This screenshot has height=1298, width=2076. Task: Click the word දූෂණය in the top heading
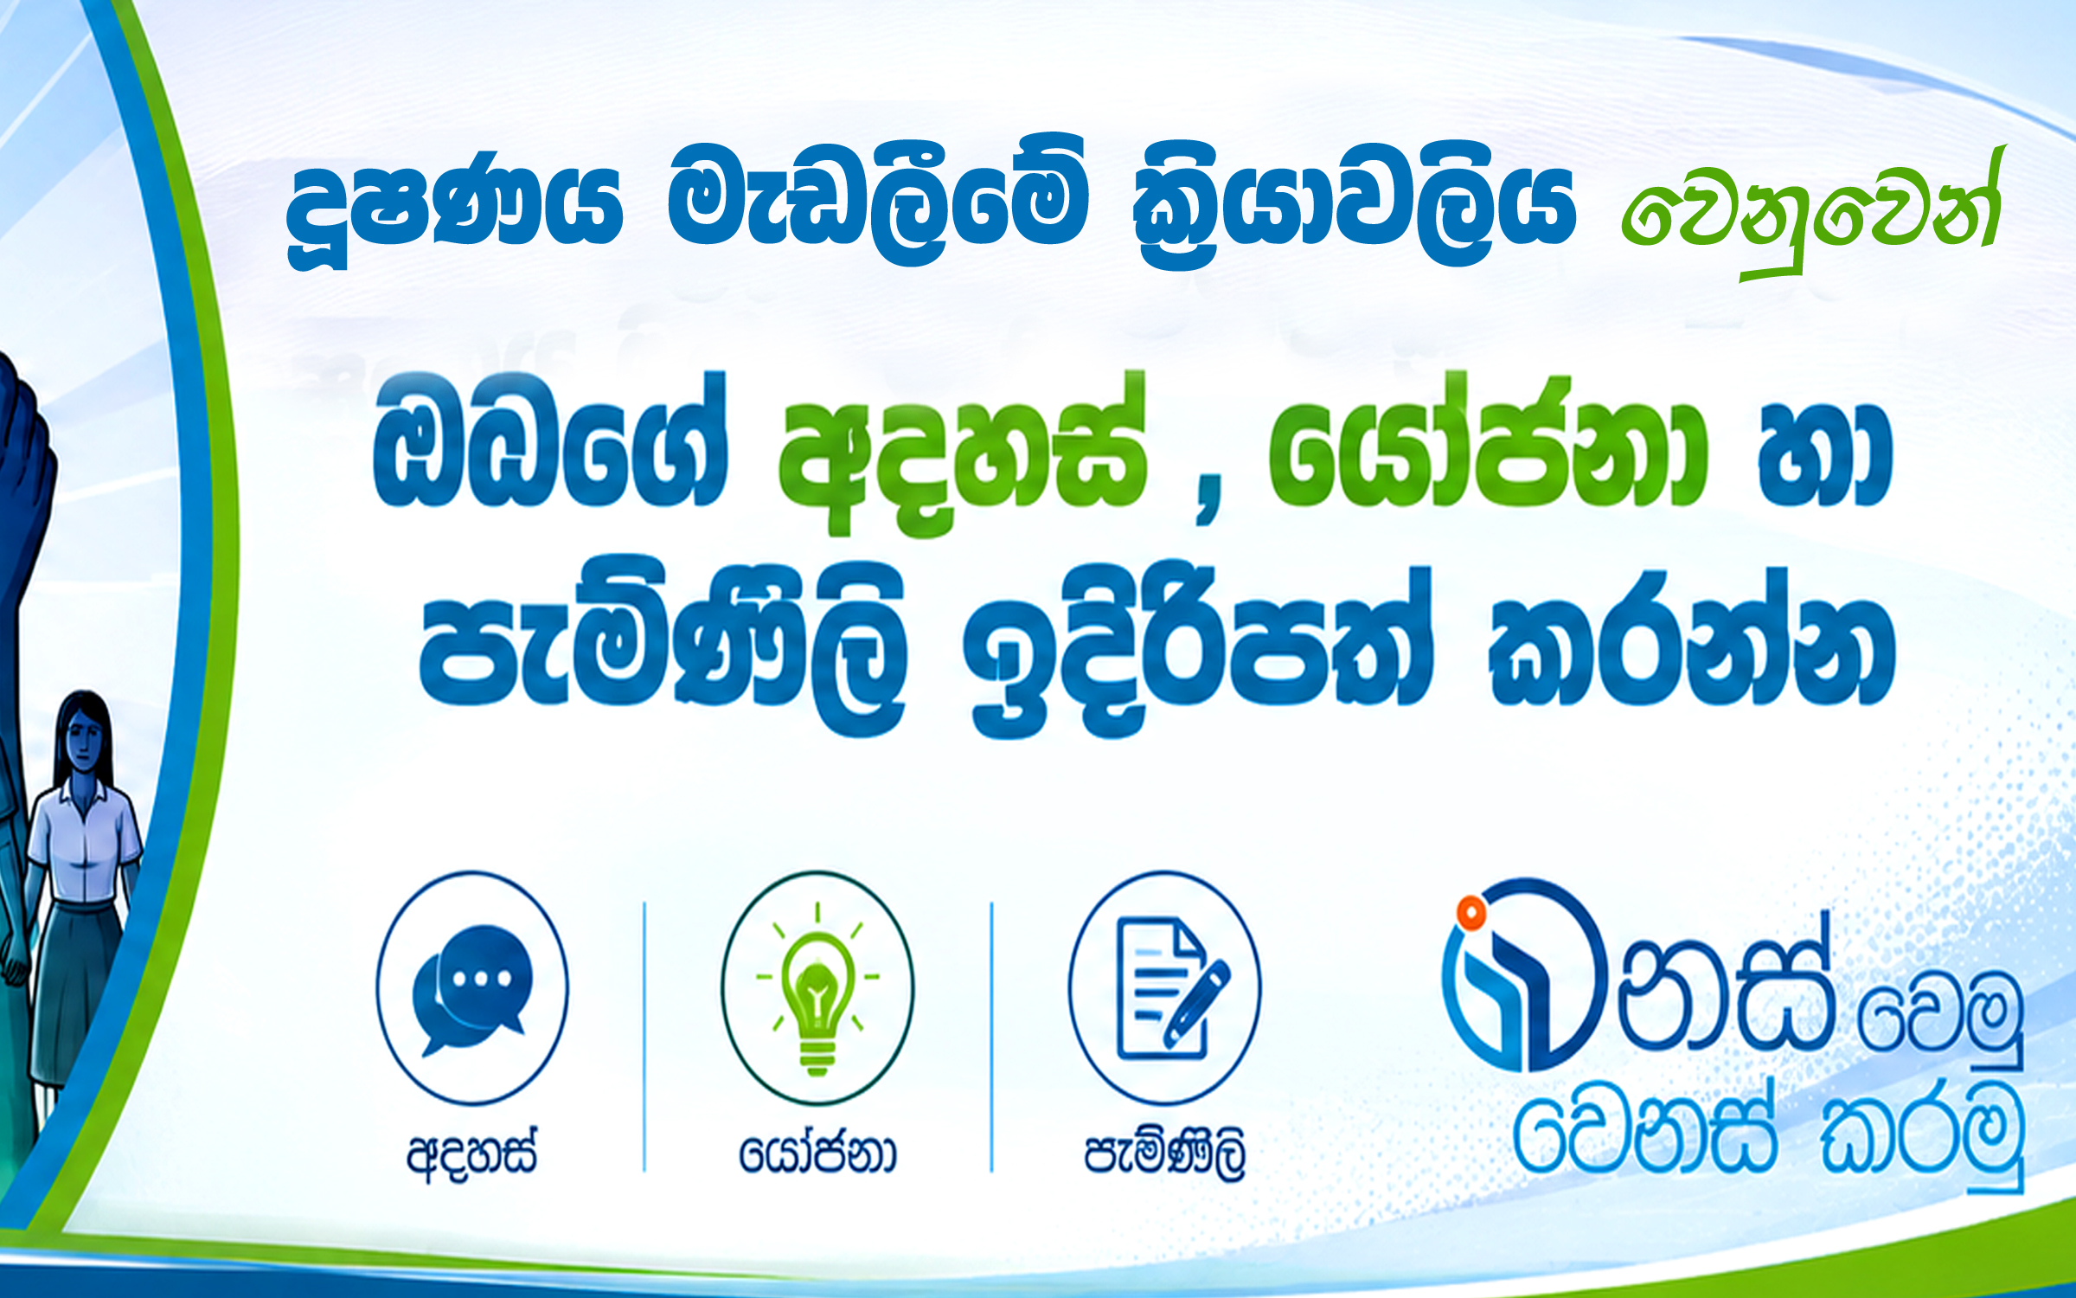(x=455, y=212)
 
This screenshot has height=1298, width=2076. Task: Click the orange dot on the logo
(x=1470, y=912)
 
